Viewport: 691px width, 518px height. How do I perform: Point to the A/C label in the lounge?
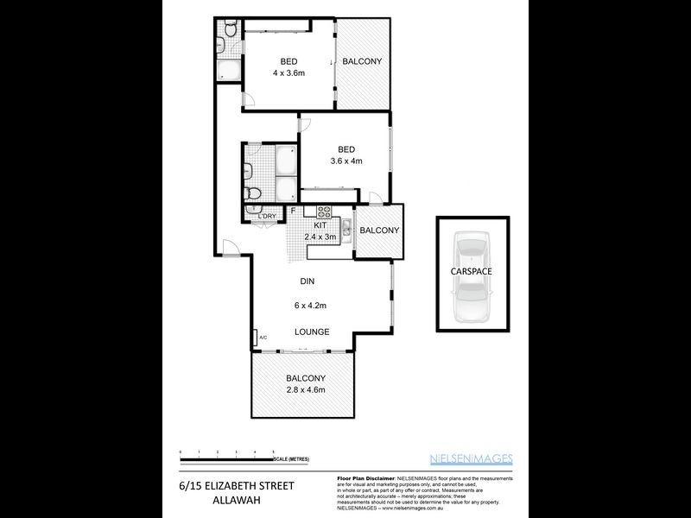click(256, 338)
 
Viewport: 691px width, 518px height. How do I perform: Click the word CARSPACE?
click(472, 270)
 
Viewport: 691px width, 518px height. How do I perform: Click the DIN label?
click(307, 281)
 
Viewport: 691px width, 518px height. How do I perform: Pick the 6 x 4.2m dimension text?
click(310, 305)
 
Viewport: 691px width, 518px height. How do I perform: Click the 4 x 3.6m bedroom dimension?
click(288, 74)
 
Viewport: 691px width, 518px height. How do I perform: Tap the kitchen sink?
click(344, 229)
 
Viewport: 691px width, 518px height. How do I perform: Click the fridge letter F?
click(293, 211)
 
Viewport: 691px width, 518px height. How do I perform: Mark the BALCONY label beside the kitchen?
click(379, 231)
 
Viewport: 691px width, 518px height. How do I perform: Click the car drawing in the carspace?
click(472, 276)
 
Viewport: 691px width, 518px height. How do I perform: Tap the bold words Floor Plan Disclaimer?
click(363, 477)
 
